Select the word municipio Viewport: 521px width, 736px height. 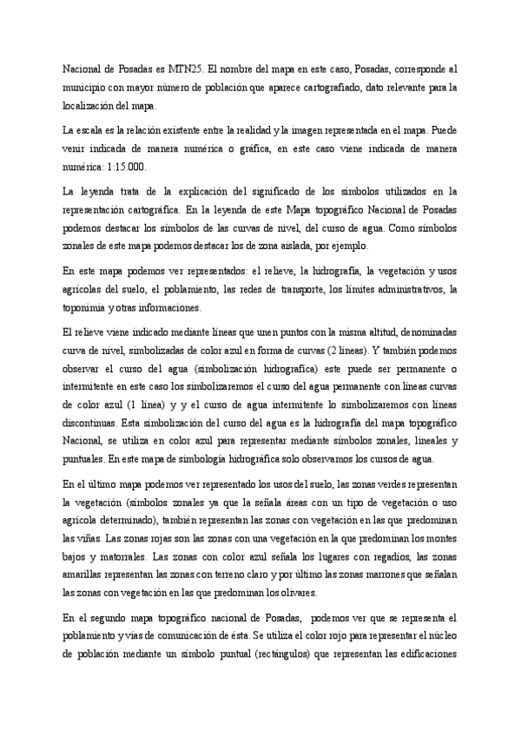click(83, 87)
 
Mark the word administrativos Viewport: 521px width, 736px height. click(401, 289)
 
